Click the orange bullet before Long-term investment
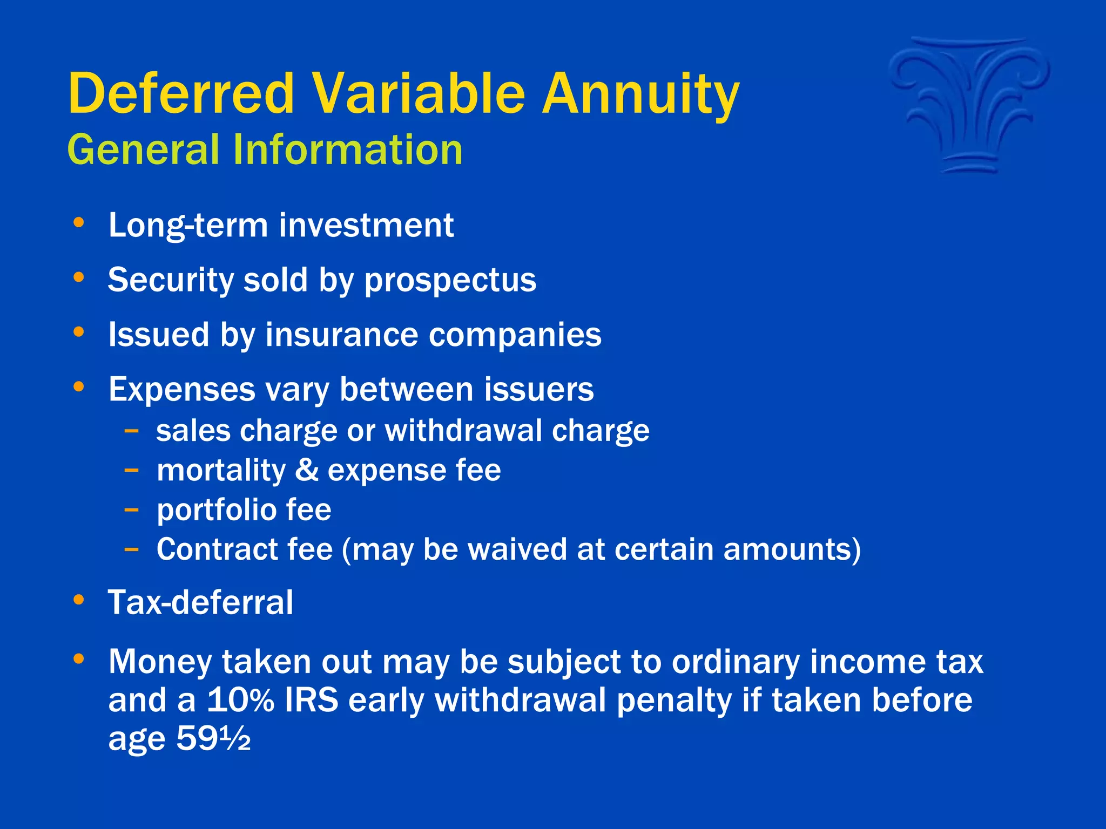coord(79,222)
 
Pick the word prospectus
coord(450,281)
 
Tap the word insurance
coord(341,335)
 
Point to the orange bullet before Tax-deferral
coord(79,600)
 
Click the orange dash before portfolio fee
coord(131,509)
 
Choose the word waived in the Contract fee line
coord(517,549)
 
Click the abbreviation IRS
coord(312,701)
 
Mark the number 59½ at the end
coord(213,739)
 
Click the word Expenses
coord(181,390)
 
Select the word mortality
coord(221,470)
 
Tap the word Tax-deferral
coord(200,602)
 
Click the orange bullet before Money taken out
coord(79,658)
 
